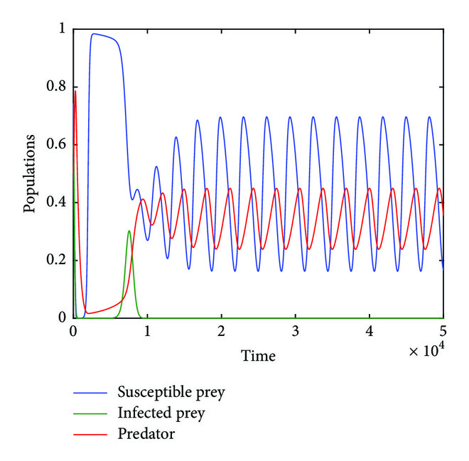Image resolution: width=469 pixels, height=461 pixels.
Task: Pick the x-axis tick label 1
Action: (147, 332)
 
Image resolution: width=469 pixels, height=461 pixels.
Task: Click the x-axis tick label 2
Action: (221, 332)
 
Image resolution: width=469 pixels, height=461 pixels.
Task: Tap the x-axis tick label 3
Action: (295, 332)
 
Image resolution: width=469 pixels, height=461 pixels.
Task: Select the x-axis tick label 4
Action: (369, 332)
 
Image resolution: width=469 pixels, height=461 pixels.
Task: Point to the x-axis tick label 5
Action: (443, 332)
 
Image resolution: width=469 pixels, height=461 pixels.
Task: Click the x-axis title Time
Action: (258, 355)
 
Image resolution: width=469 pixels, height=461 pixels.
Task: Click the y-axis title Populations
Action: (29, 173)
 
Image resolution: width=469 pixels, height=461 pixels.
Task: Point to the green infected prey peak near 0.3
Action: (129, 231)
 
